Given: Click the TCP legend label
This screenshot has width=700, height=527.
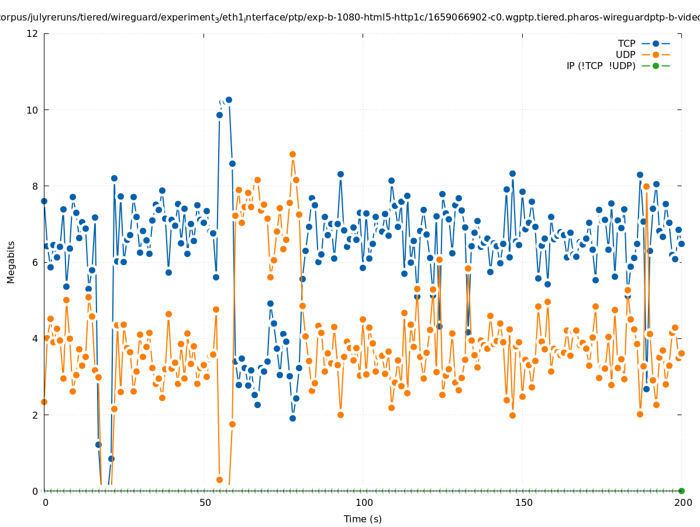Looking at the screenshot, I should pos(626,43).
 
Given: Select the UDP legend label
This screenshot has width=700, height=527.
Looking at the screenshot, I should pos(625,54).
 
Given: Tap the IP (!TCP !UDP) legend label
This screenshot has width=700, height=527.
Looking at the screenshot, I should pos(601,66).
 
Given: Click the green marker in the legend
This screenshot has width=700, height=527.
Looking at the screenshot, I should pos(656,66).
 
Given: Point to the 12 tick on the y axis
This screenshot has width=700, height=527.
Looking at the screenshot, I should pos(33,33).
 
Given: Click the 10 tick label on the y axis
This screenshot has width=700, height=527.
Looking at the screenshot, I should pos(33,110).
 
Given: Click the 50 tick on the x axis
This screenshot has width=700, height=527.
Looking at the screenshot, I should pos(205,502).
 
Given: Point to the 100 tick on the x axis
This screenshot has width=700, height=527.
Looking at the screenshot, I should pos(364,502).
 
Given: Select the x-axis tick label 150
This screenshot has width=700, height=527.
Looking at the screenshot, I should pos(523,502).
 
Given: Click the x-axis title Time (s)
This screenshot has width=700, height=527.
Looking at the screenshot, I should pos(363,519).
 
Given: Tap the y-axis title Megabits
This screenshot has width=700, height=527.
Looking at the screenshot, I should pos(11,262).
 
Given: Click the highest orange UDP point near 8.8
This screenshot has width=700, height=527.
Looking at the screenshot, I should pos(292,155).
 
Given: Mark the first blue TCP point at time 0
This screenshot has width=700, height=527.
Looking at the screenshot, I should pos(44,201).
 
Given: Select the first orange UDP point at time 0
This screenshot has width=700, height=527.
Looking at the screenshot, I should pos(44,402).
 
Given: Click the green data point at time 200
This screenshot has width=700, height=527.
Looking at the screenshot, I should pos(681,491).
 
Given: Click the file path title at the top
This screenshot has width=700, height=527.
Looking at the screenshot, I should pos(350,18).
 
